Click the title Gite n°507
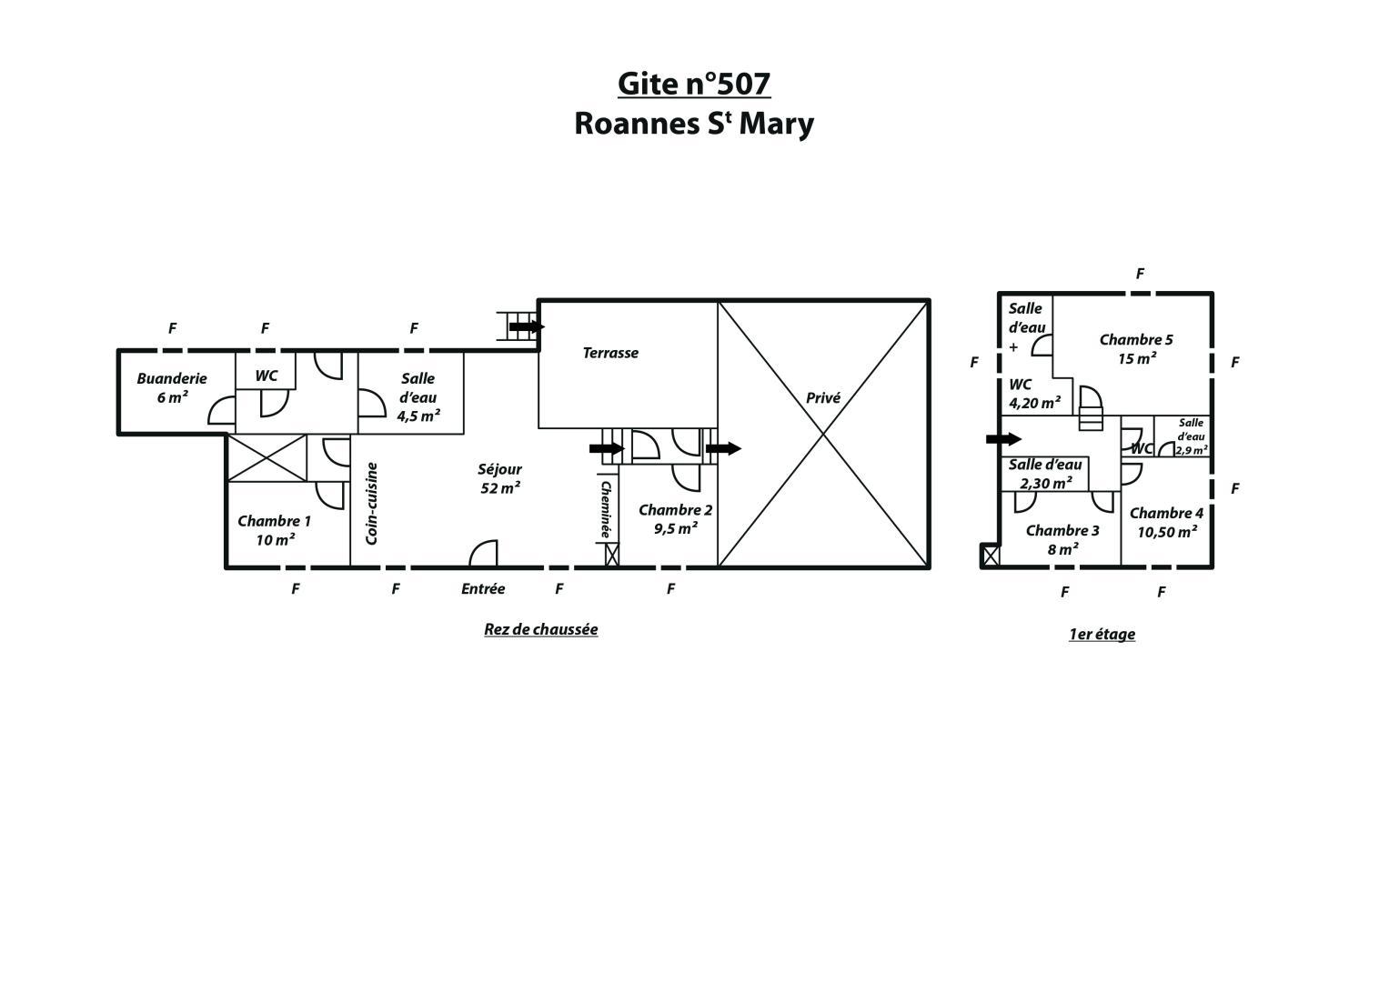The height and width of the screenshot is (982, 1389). [694, 84]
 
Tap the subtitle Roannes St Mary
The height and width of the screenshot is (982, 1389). [694, 124]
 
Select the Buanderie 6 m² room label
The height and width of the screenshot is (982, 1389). [172, 387]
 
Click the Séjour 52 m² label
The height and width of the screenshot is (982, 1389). [499, 478]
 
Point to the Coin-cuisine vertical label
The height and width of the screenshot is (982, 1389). [371, 504]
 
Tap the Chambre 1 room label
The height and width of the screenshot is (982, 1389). [274, 530]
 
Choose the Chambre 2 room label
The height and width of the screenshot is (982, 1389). [675, 519]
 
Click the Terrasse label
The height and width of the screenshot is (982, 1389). [610, 353]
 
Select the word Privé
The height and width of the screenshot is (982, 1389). [823, 397]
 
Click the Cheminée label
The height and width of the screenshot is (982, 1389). [606, 509]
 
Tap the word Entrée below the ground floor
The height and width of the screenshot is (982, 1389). [482, 588]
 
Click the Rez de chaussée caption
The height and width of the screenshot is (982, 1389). [540, 629]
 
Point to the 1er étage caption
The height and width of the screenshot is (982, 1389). [1102, 635]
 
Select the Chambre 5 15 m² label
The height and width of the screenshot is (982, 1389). [1136, 349]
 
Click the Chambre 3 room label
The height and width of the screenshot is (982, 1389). [1062, 540]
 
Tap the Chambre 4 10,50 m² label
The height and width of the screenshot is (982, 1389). [1166, 523]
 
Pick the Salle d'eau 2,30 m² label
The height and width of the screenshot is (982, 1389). [1045, 474]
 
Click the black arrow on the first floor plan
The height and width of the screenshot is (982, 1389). [1003, 439]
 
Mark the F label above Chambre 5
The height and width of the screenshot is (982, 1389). [1140, 274]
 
